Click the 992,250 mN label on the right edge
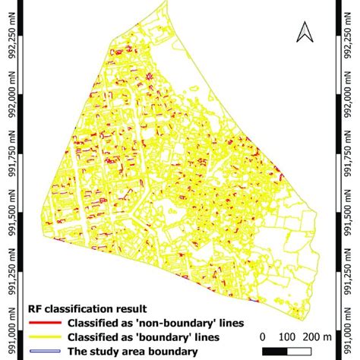coord(347,34)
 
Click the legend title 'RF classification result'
coord(89,309)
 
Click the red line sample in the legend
coord(45,323)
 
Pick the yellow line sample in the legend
coord(45,336)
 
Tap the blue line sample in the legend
coord(45,350)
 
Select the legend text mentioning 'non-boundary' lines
coord(156,323)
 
